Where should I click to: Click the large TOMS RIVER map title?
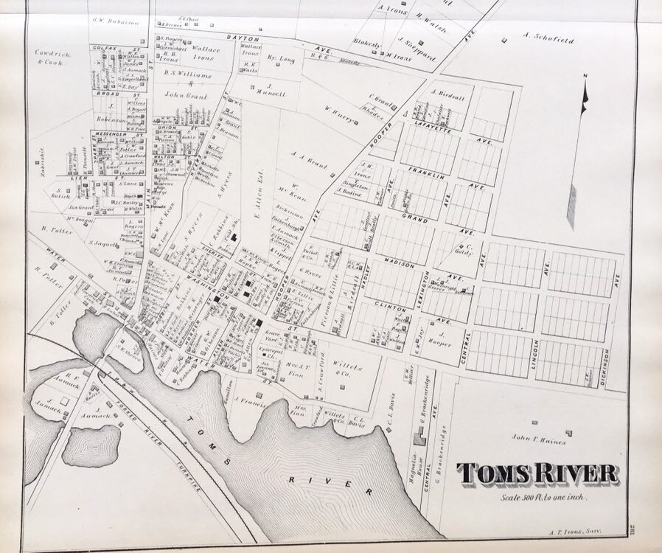point(537,473)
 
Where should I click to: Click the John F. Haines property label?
point(540,442)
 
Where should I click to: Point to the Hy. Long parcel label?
point(280,57)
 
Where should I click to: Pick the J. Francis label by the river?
point(250,402)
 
